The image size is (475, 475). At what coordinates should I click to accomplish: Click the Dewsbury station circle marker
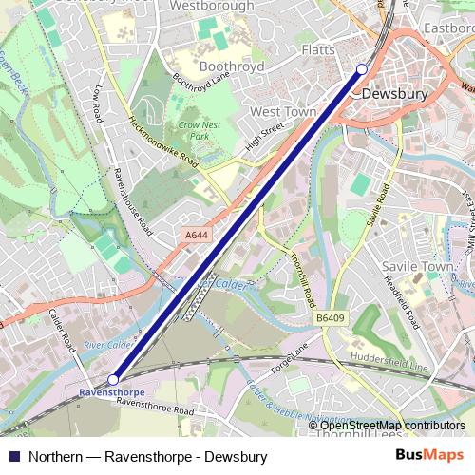click(361, 69)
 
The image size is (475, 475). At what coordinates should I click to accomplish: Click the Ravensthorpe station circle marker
click(113, 379)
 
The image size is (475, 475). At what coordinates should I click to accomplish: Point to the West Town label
click(283, 112)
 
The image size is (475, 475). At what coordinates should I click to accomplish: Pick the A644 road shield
click(196, 232)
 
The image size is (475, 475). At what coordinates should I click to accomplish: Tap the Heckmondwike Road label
click(163, 143)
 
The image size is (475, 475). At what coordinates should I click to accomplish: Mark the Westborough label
click(211, 7)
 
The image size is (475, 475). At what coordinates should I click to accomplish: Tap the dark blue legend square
click(13, 456)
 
